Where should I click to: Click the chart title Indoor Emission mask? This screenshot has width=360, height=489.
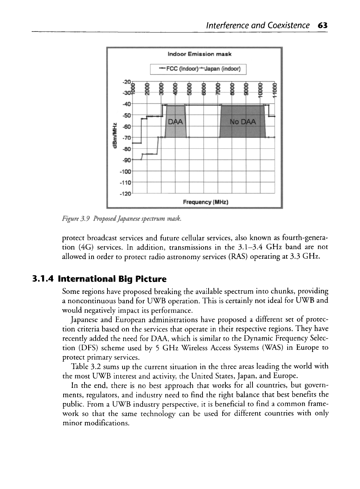(x=200, y=54)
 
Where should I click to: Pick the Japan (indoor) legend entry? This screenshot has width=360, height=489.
(x=222, y=69)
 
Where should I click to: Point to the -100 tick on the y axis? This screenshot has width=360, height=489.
(x=126, y=171)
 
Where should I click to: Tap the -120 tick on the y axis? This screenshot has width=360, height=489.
(x=126, y=193)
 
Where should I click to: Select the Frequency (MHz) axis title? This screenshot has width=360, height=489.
(x=205, y=202)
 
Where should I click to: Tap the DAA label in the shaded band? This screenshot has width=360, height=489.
(x=175, y=122)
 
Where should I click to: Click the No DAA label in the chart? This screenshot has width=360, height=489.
(x=243, y=122)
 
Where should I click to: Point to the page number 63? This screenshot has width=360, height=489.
(x=323, y=25)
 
